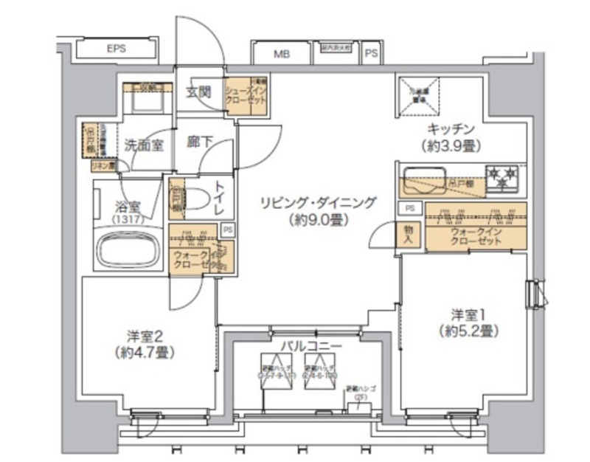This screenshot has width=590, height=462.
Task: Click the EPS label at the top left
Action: [116, 49]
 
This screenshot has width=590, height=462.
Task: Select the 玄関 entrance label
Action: [198, 92]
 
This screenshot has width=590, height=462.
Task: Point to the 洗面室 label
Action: [143, 145]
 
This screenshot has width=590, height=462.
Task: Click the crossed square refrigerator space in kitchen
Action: [416, 96]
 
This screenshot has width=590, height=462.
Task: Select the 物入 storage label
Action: [410, 235]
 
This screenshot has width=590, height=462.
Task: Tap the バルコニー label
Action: [310, 345]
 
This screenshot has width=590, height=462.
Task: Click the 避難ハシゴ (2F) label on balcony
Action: [361, 392]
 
